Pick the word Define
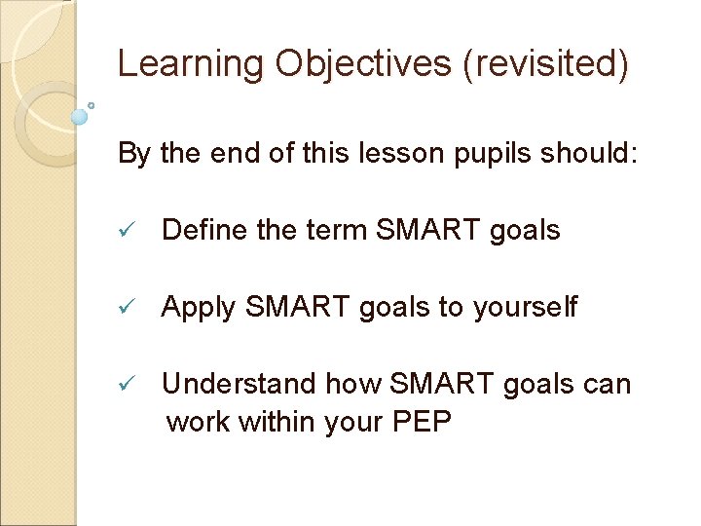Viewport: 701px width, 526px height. coord(204,231)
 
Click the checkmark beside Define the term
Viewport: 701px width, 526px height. coord(124,232)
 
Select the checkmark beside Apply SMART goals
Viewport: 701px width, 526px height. coord(124,309)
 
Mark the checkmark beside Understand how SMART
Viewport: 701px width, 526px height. coord(124,386)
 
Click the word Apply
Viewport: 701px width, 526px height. coord(199,309)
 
